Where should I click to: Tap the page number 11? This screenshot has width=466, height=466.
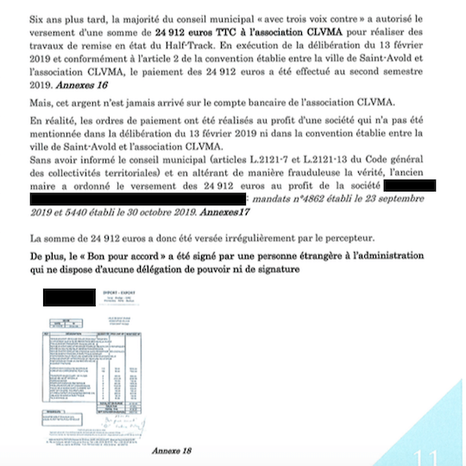pyautogui.click(x=426, y=454)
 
